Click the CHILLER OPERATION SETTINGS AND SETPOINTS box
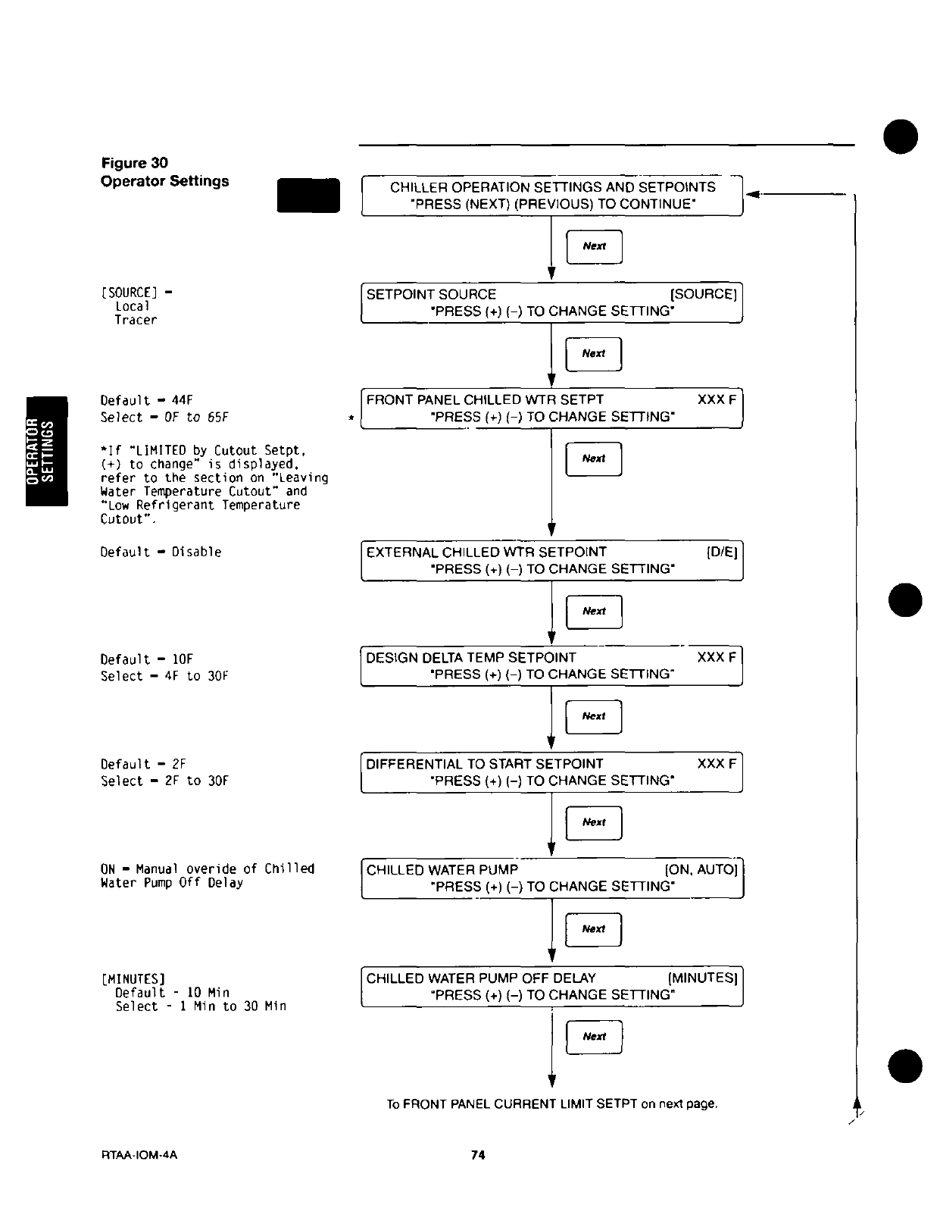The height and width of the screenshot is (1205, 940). pyautogui.click(x=551, y=196)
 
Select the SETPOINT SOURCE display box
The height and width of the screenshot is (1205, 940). pyautogui.click(x=551, y=302)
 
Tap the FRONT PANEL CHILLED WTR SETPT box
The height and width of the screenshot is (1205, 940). pyautogui.click(x=551, y=408)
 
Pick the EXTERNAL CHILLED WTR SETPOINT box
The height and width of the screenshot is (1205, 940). pyautogui.click(x=551, y=560)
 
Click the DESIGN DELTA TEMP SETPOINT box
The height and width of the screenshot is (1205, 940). pyautogui.click(x=551, y=666)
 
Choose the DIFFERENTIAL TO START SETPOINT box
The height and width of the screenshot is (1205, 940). pyautogui.click(x=551, y=772)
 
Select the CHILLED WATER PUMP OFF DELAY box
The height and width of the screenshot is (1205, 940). pyautogui.click(x=551, y=986)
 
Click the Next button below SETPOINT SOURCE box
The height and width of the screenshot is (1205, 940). pyautogui.click(x=594, y=354)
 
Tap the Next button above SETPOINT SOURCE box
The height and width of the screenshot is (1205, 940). pyautogui.click(x=595, y=246)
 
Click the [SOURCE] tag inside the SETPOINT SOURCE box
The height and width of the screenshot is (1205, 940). pyautogui.click(x=704, y=294)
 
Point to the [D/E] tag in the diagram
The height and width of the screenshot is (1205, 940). pyautogui.click(x=722, y=552)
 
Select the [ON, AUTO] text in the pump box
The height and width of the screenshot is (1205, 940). pyautogui.click(x=701, y=870)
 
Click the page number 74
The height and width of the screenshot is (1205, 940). pyautogui.click(x=477, y=1155)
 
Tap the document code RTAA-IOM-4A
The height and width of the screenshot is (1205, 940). pyautogui.click(x=139, y=1155)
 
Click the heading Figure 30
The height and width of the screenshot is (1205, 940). pyautogui.click(x=135, y=163)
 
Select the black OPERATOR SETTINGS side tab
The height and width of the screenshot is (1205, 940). pyautogui.click(x=47, y=451)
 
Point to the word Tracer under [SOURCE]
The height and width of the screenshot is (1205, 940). pyautogui.click(x=136, y=320)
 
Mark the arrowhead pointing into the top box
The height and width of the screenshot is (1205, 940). pyautogui.click(x=752, y=196)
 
